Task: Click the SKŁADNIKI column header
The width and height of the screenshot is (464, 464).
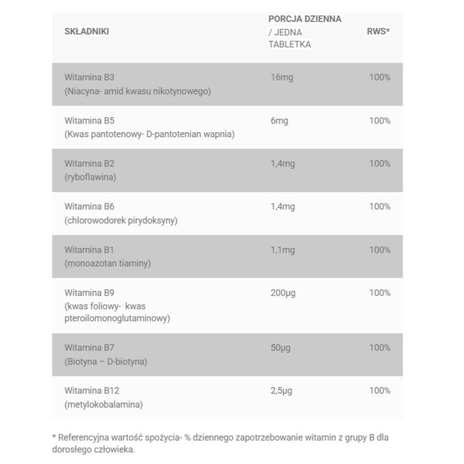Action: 86,31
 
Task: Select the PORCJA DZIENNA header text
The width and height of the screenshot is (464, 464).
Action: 305,19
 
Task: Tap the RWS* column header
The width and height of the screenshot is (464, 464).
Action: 378,31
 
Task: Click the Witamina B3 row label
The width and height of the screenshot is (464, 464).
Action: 89,77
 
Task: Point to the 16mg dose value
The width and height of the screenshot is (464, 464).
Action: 282,77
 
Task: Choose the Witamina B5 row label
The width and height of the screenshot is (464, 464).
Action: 89,121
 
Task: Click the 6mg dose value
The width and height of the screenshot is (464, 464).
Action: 279,121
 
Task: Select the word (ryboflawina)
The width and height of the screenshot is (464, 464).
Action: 90,177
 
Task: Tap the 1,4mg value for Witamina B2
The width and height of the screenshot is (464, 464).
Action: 283,163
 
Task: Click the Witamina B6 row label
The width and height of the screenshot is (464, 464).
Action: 89,206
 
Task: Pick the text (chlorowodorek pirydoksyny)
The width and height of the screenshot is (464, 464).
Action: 121,220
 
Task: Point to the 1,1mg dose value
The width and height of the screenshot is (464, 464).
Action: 283,250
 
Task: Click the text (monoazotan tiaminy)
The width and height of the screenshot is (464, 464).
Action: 107,263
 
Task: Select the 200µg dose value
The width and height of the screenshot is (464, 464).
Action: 283,293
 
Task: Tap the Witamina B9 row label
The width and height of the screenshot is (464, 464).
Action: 89,293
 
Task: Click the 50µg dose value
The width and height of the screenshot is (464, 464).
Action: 281,348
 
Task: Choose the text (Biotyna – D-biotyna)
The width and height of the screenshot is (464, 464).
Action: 106,361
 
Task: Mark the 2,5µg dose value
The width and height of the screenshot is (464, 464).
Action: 282,390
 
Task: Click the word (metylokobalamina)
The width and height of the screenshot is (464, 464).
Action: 104,405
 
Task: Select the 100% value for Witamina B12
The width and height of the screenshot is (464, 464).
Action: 380,390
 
